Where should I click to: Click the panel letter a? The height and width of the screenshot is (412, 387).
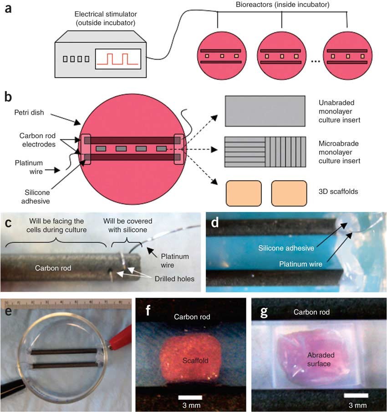pyautogui.click(x=9, y=10)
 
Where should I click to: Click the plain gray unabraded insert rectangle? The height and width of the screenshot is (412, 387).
pyautogui.click(x=265, y=111)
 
